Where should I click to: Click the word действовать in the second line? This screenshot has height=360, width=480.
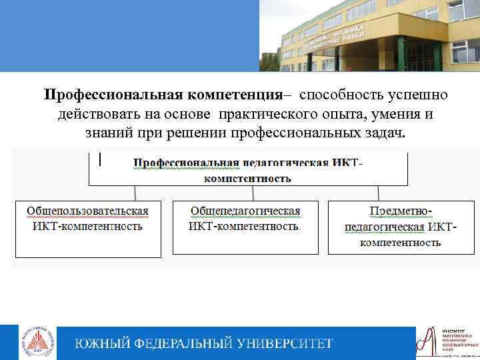[x=101, y=114]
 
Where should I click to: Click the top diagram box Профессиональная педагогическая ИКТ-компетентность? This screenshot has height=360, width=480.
[x=248, y=170]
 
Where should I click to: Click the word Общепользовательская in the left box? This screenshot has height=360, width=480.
[x=87, y=211]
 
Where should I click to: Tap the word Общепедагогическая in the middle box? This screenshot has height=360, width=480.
[x=245, y=211]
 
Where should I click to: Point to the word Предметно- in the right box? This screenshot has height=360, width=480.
[x=401, y=211]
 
